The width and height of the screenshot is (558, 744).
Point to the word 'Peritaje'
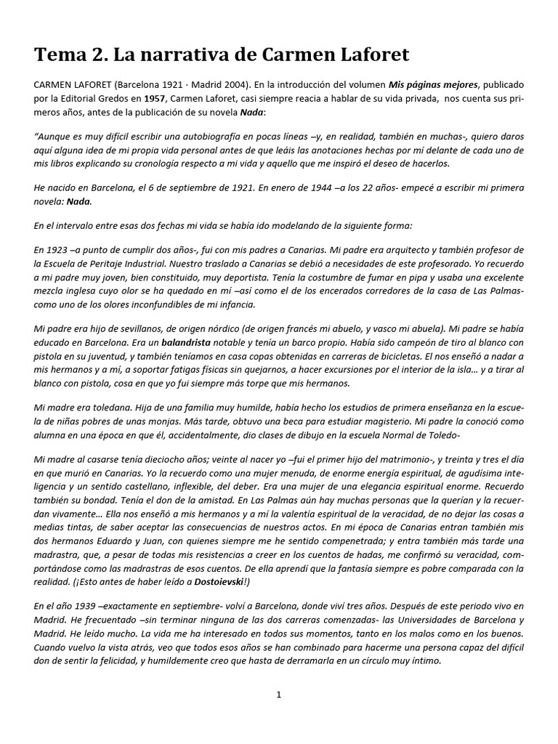pyautogui.click(x=117, y=264)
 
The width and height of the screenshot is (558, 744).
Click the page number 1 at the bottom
pyautogui.click(x=278, y=695)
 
